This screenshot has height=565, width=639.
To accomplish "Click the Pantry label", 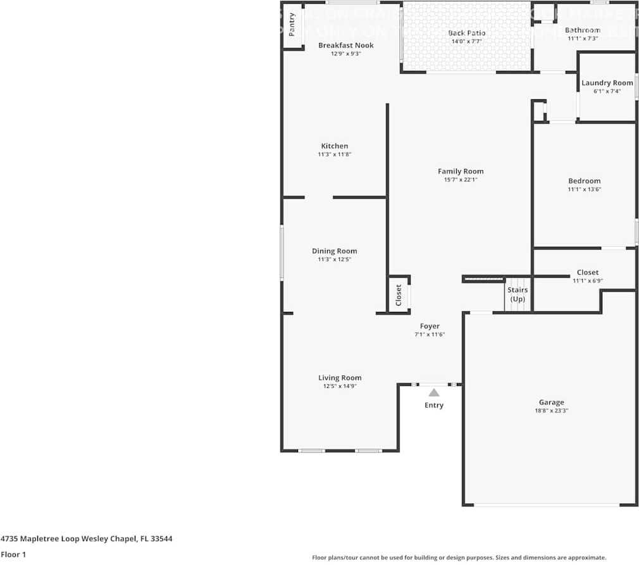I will tap(292, 25).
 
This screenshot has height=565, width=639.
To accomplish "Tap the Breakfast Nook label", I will tap(345, 46).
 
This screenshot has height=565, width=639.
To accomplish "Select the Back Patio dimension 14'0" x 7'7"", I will tap(467, 41).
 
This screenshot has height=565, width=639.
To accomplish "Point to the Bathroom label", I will tap(582, 30).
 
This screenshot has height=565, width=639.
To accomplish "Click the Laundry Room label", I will tap(607, 83).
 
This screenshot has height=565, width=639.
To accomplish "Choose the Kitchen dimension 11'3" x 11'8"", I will tap(334, 154).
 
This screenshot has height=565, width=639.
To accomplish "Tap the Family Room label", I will tap(461, 171).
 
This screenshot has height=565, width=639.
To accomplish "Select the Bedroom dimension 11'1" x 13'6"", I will tap(584, 189).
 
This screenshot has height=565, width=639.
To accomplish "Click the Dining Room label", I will tap(334, 251).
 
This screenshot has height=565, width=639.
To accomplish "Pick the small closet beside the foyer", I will tap(399, 295).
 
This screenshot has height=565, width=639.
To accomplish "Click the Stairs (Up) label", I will tap(518, 294).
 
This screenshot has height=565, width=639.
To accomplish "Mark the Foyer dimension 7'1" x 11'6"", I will tap(430, 334).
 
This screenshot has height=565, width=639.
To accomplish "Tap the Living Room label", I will tap(340, 378).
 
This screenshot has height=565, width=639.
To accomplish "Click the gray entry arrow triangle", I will tap(434, 393).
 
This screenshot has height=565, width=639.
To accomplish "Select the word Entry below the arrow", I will tap(434, 405).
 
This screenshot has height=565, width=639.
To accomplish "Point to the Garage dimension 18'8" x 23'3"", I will tap(551, 410).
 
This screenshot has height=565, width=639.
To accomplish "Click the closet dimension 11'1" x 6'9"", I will tap(587, 280).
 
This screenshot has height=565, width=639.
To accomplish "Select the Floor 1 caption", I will tap(13, 554).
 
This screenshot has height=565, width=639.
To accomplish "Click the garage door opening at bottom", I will tap(547, 504).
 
